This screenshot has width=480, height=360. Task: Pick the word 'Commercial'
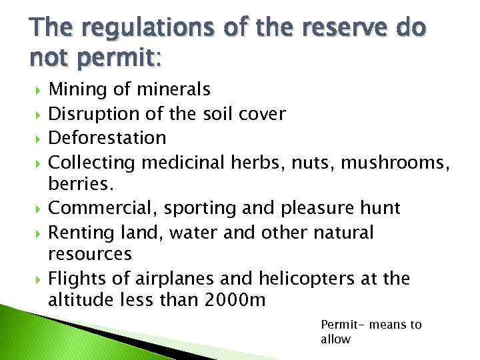pos(103,208)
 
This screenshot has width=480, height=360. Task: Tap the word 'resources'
pos(89,253)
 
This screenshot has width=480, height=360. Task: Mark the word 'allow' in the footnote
pos(335,339)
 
